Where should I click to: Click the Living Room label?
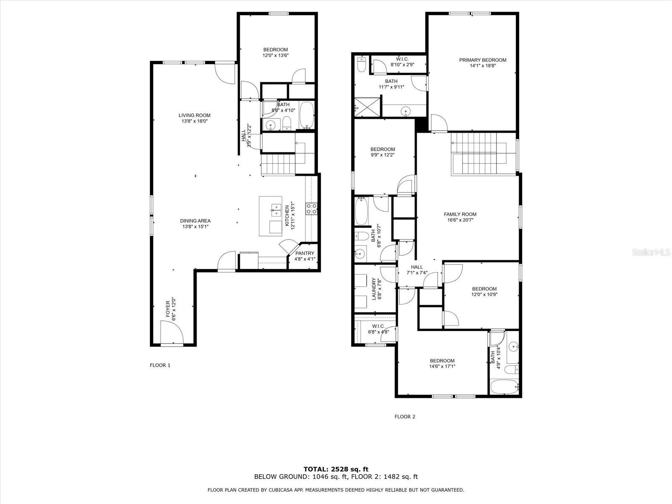pyautogui.click(x=194, y=115)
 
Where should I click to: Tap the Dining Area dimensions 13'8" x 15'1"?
pyautogui.click(x=195, y=226)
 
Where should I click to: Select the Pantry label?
pyautogui.click(x=304, y=253)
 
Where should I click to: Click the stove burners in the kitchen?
pyautogui.click(x=311, y=209)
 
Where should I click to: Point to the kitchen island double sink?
pyautogui.click(x=276, y=210)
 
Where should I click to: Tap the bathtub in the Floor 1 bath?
pyautogui.click(x=307, y=115)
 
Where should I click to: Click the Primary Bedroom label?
pyautogui.click(x=483, y=60)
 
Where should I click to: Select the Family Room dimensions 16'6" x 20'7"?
pyautogui.click(x=460, y=220)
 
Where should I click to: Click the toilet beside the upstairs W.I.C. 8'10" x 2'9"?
pyautogui.click(x=362, y=65)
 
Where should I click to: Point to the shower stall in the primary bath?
pyautogui.click(x=367, y=107)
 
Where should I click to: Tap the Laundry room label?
pyautogui.click(x=374, y=289)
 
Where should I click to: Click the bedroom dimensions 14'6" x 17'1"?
pyautogui.click(x=442, y=366)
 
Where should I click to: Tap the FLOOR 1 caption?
pyautogui.click(x=160, y=365)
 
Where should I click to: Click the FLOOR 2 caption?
pyautogui.click(x=405, y=417)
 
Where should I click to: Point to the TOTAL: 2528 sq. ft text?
pyautogui.click(x=336, y=469)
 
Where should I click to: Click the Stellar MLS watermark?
pyautogui.click(x=651, y=252)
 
